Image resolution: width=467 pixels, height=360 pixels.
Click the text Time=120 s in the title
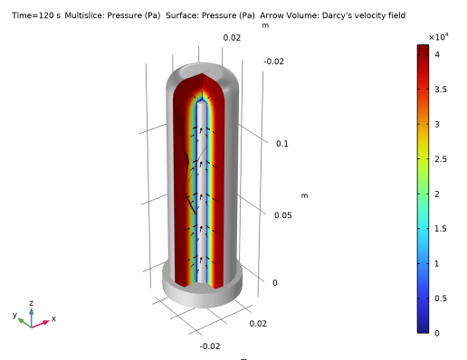tap(36, 15)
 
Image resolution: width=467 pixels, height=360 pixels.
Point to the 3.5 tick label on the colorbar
tap(441, 90)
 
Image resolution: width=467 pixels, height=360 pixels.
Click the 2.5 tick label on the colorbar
tap(441, 159)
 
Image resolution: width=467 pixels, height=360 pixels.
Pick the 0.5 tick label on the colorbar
tap(441, 298)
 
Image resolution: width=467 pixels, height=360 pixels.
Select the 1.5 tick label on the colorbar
tap(441, 229)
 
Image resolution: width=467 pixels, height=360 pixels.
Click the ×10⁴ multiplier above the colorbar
tap(438, 37)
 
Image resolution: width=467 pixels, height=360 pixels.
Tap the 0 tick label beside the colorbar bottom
tap(437, 333)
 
